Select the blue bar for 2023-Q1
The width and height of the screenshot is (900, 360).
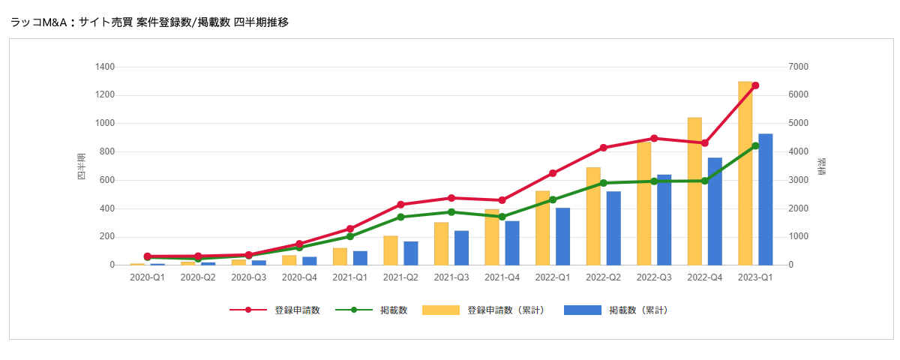pos(765,199)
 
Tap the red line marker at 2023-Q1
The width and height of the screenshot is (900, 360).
pos(755,85)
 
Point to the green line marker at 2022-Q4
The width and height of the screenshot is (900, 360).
pos(704,181)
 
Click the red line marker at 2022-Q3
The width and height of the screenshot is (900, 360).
pos(654,139)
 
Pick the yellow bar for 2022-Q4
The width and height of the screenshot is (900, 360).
pos(694,191)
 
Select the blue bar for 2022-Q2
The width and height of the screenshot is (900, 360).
pos(613,228)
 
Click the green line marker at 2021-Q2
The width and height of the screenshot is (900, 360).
pos(400,217)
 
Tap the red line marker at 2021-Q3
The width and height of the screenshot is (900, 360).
pos(451,198)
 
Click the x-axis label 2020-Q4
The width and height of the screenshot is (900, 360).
pos(299,277)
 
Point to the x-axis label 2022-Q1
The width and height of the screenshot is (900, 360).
pos(553,277)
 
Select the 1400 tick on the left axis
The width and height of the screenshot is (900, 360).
pos(105,67)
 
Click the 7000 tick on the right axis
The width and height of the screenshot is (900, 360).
pos(799,67)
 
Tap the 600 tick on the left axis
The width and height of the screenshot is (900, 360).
pos(107,181)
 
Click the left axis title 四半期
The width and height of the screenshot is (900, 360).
pos(81,166)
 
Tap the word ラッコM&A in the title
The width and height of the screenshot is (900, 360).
pos(39,22)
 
